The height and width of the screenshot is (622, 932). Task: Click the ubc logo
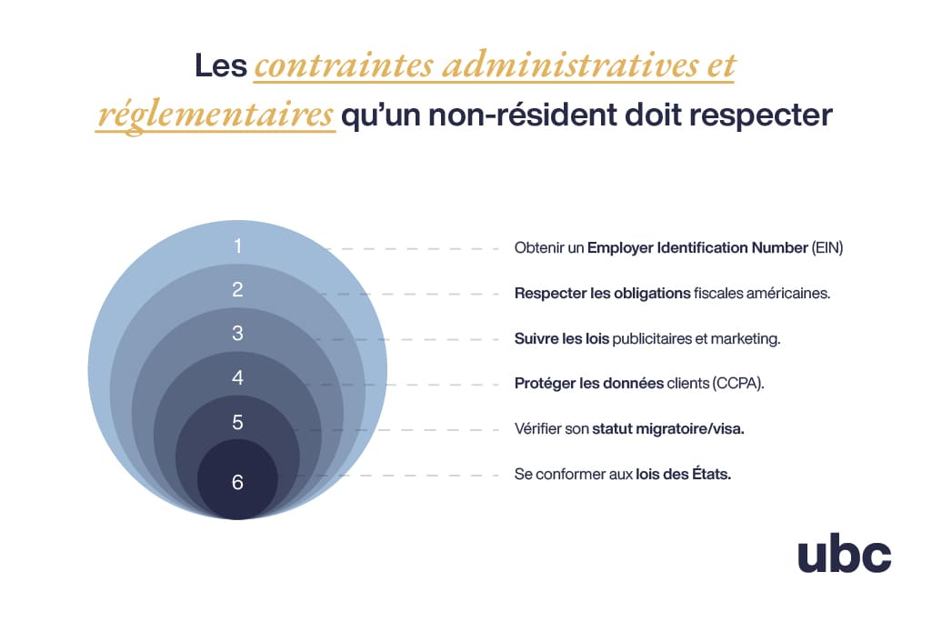(x=844, y=555)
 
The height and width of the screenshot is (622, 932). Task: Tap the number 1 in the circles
(x=237, y=246)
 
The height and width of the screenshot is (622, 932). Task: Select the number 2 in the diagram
(x=237, y=290)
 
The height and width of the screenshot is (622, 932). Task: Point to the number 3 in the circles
(x=237, y=334)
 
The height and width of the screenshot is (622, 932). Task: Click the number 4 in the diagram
(x=237, y=377)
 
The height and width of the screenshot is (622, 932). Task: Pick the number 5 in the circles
(x=237, y=423)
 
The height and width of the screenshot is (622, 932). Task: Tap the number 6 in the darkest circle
(x=237, y=482)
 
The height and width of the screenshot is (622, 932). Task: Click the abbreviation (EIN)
(x=827, y=247)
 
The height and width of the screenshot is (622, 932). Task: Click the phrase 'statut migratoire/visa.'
(x=667, y=429)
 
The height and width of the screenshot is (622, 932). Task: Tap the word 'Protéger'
(x=544, y=384)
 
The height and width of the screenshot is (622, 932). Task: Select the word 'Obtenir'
(x=538, y=247)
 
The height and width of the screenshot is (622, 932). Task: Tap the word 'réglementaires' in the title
(x=215, y=116)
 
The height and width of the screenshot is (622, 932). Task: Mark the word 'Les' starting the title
(x=221, y=67)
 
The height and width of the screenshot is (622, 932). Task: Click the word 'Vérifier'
(x=537, y=429)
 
